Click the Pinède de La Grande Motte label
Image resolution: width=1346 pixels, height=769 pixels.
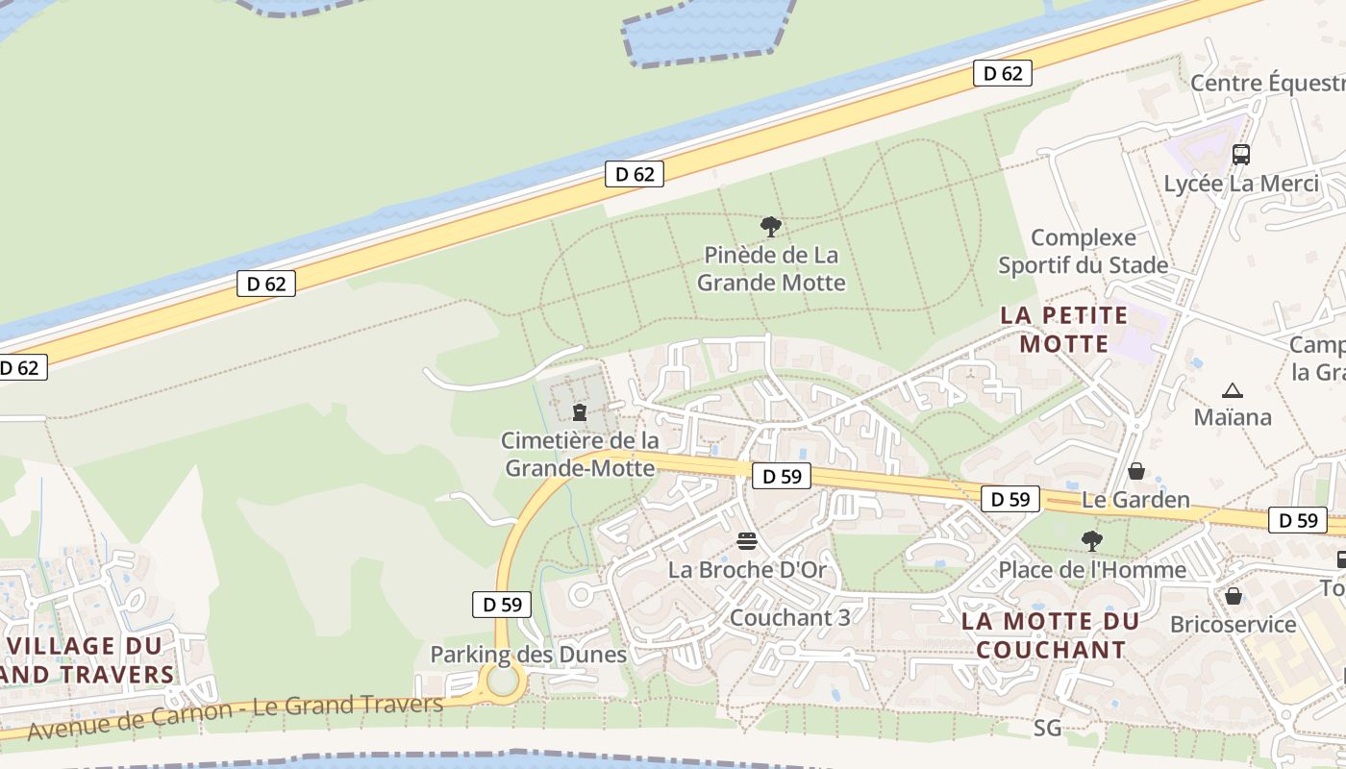[771, 269]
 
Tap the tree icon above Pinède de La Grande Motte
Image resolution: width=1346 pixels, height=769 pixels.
[770, 227]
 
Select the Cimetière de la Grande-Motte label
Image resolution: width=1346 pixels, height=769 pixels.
[580, 455]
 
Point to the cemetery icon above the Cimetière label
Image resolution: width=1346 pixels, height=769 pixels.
[579, 412]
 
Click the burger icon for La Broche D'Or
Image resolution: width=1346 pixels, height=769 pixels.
[747, 541]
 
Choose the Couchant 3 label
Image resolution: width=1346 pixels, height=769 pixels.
[790, 617]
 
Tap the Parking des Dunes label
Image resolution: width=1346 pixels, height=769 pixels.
[528, 655]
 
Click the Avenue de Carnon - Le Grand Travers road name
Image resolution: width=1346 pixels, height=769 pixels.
[236, 716]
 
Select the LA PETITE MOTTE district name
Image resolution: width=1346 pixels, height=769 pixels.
[1064, 330]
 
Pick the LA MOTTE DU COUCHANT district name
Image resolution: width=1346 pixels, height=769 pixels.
[1050, 635]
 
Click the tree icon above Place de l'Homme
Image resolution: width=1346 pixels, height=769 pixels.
[1091, 540]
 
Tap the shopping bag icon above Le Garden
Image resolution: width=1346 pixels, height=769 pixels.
[1136, 471]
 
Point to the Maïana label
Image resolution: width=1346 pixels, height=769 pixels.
[1233, 417]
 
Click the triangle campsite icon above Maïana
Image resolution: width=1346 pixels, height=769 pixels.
[1233, 390]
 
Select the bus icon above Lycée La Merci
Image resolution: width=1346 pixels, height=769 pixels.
[1240, 154]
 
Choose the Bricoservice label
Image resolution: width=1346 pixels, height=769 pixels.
[1234, 625]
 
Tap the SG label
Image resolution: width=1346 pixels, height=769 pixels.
[1048, 728]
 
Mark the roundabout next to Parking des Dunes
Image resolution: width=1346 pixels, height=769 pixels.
[503, 682]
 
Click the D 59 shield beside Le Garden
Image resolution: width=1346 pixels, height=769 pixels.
[1010, 499]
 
